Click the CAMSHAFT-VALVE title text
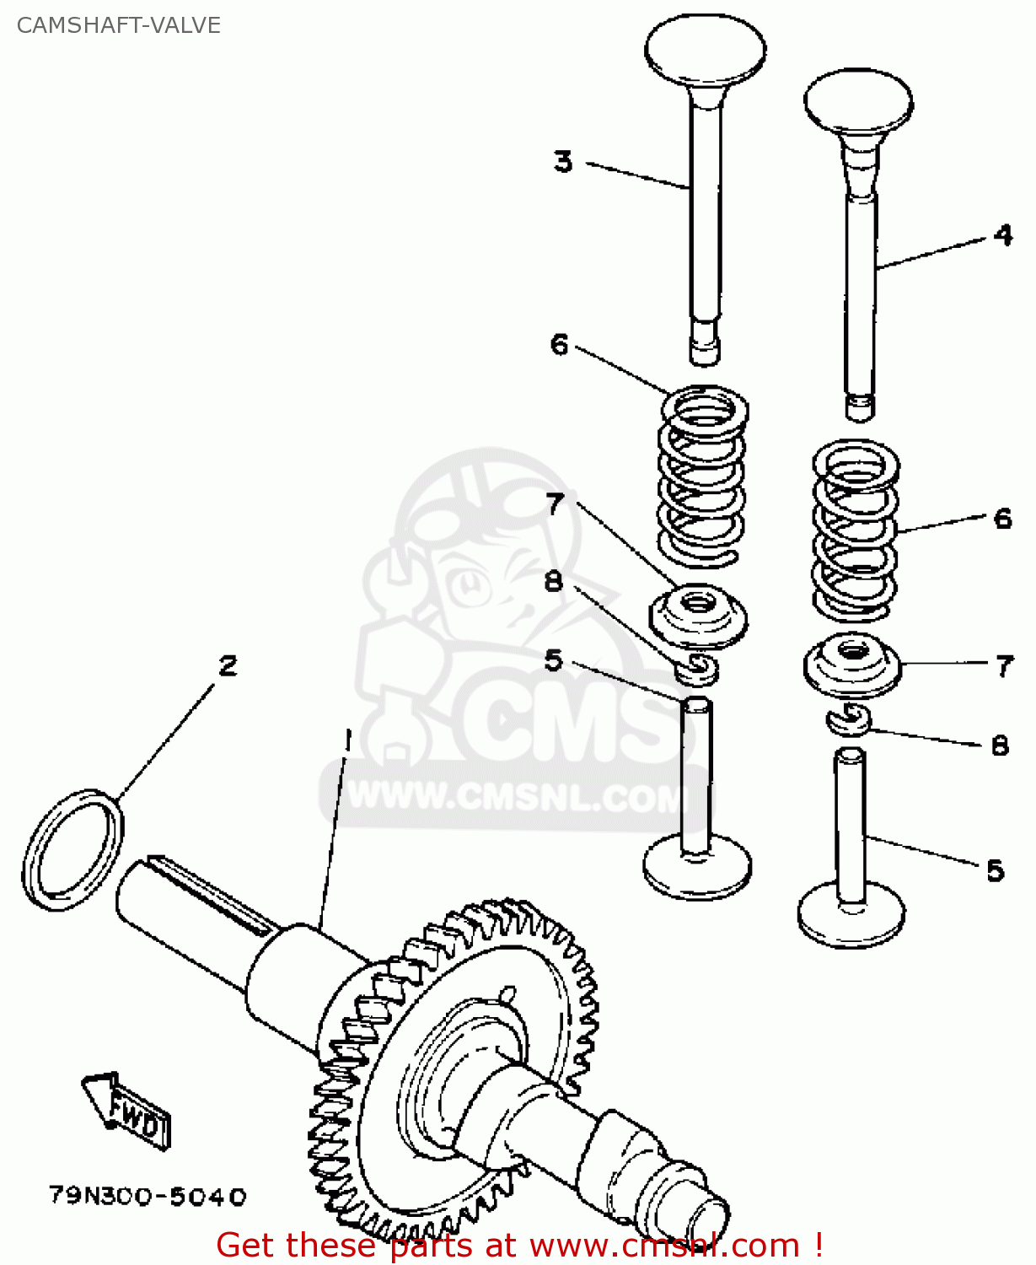tap(118, 25)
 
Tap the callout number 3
tap(563, 160)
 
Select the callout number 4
tap(1002, 234)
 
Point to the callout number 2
tap(228, 665)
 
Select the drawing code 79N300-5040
tap(148, 1196)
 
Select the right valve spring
tap(855, 531)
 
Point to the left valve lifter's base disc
tap(697, 869)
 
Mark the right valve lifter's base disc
tap(851, 918)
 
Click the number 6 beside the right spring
tap(1002, 518)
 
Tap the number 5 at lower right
tap(996, 870)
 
